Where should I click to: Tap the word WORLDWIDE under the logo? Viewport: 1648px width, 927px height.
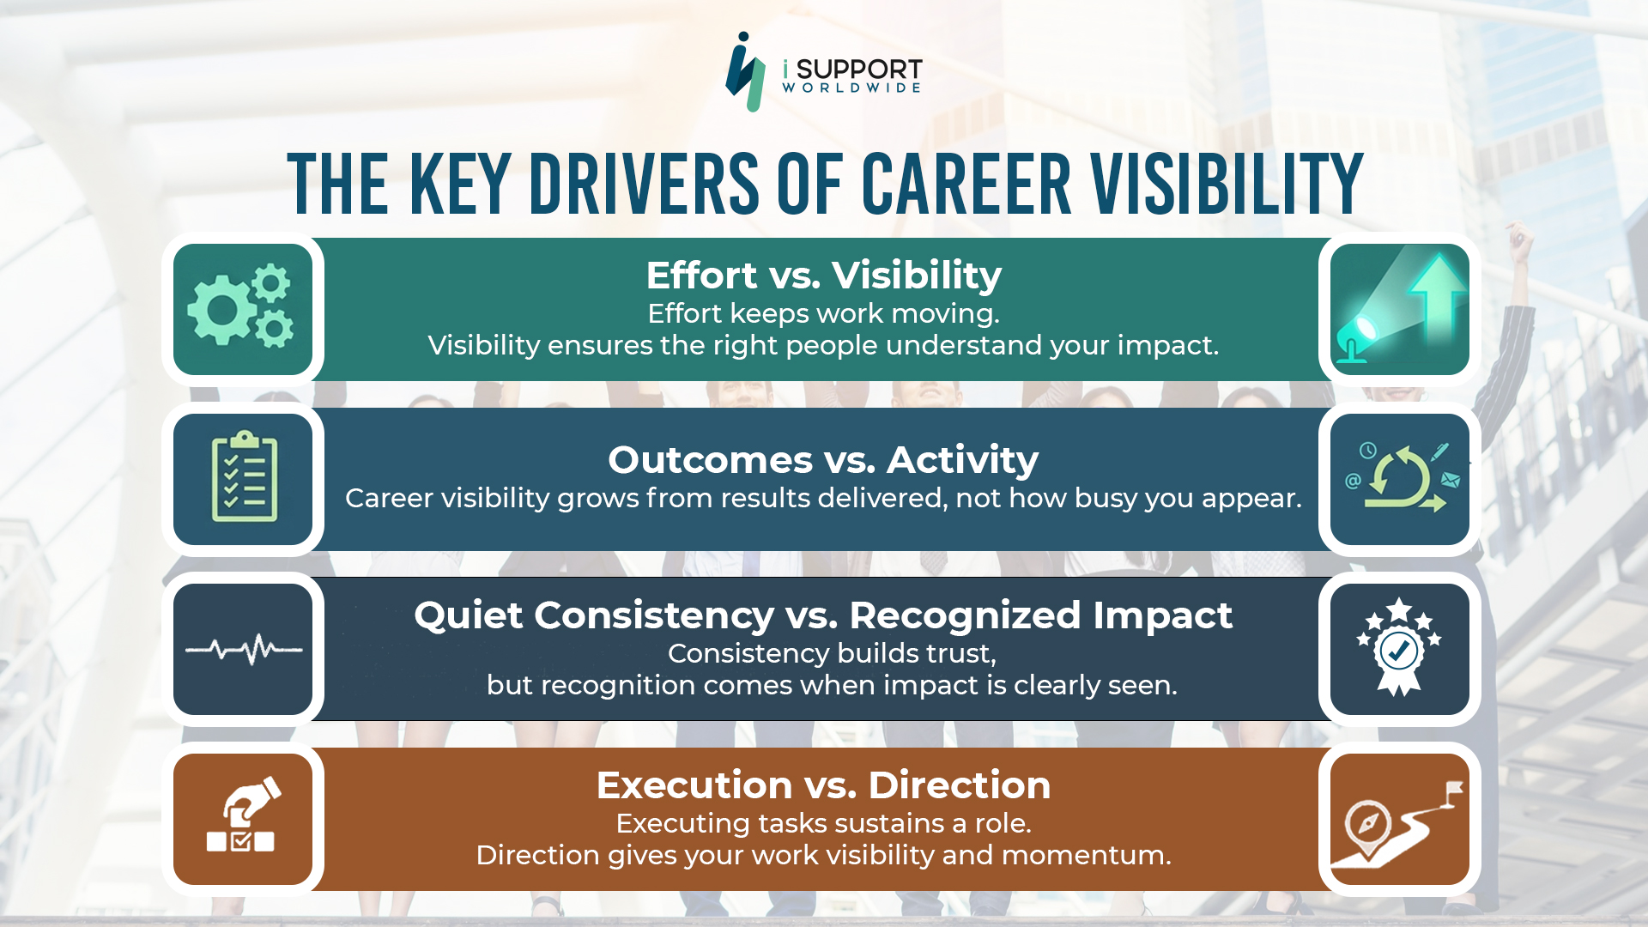(x=851, y=88)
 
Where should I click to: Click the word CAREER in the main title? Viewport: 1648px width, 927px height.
(x=966, y=185)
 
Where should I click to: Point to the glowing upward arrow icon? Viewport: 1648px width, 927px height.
(x=1437, y=292)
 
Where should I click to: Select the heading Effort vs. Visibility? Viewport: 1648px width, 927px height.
(x=823, y=276)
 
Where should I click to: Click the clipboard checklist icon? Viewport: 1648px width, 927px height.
(x=244, y=477)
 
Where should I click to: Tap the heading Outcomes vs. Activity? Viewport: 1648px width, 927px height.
(x=823, y=460)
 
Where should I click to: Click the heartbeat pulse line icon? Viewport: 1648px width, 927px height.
(x=244, y=650)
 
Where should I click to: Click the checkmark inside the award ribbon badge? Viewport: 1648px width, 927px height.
(x=1399, y=651)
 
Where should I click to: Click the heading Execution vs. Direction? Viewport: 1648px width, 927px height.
(x=823, y=785)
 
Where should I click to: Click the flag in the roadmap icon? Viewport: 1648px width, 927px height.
(x=1454, y=790)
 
